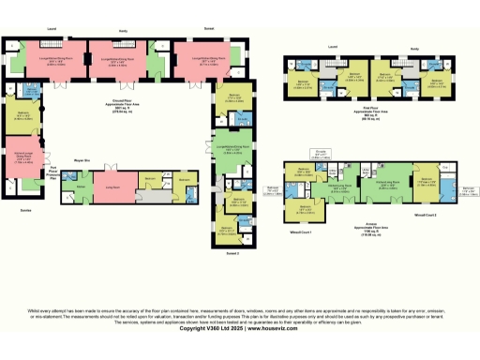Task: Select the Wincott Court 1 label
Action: pos(300,231)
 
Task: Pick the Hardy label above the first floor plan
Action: pos(413,50)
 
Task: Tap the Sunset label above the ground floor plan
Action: pos(196,29)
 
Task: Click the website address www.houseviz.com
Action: pos(273,328)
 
